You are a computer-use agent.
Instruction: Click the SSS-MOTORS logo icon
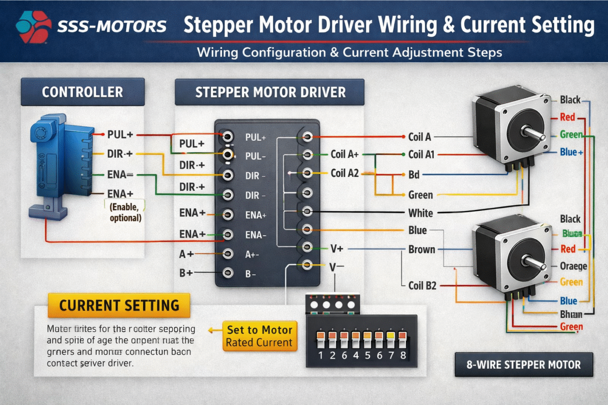[x=33, y=27]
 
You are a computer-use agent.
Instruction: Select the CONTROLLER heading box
[x=82, y=92]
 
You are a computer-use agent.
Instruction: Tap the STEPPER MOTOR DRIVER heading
[x=270, y=92]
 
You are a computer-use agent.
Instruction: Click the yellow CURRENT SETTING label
[x=119, y=305]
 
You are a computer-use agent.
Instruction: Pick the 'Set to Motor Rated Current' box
[x=260, y=336]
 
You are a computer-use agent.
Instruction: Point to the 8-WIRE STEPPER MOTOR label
[x=524, y=364]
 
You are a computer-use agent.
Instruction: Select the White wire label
[x=421, y=213]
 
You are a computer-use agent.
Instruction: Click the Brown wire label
[x=421, y=249]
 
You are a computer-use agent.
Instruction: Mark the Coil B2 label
[x=422, y=285]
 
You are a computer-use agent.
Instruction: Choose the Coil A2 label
[x=345, y=173]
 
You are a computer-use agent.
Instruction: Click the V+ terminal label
[x=337, y=249]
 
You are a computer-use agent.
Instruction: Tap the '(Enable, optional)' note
[x=125, y=212]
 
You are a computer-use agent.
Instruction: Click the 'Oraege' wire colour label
[x=573, y=266]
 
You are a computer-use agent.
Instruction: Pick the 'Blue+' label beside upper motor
[x=572, y=152]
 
